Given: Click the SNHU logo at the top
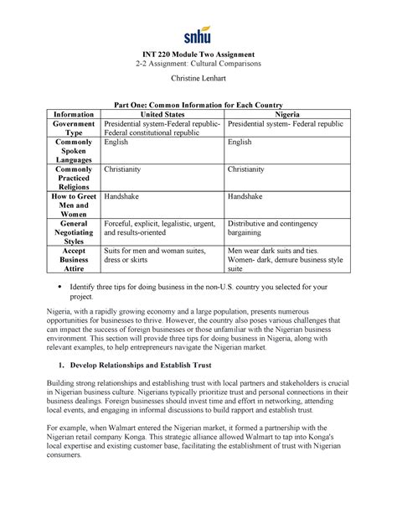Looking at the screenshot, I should click(198, 36).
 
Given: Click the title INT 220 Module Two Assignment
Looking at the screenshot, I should click(198, 54).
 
